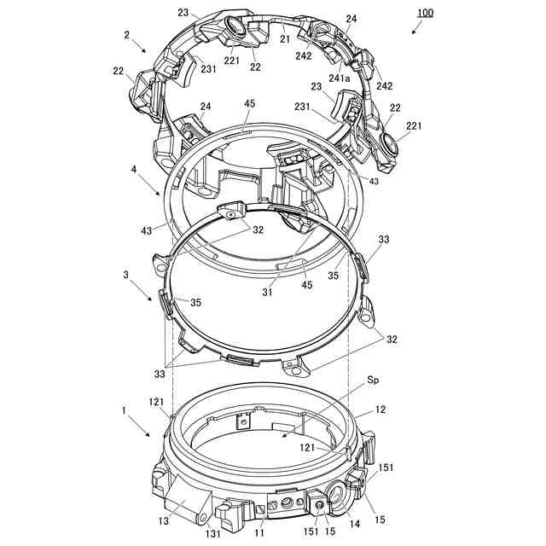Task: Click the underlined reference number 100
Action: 425,14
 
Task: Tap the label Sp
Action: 373,380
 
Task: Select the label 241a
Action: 340,78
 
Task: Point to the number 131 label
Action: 212,533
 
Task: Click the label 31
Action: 267,292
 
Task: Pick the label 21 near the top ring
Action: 285,39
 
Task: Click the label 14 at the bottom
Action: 355,524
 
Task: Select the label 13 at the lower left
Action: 163,521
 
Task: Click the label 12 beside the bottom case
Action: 380,409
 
